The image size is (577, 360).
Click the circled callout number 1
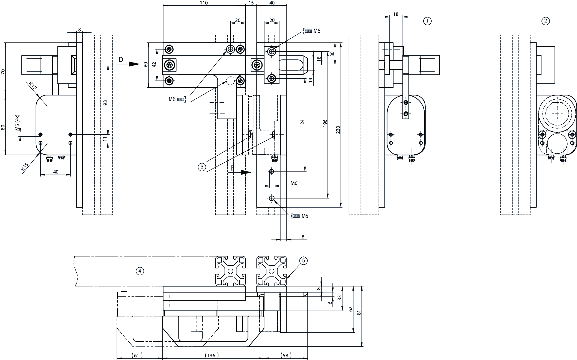pyautogui.click(x=427, y=21)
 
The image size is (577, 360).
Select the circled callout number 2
pyautogui.click(x=545, y=21)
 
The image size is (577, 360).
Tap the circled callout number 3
pyautogui.click(x=202, y=167)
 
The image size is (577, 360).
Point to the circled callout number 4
pyautogui.click(x=140, y=271)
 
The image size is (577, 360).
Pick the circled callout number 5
pyautogui.click(x=303, y=260)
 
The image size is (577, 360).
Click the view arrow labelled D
pyautogui.click(x=129, y=64)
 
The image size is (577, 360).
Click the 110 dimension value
pyautogui.click(x=204, y=3)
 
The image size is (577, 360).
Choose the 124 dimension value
pyautogui.click(x=302, y=123)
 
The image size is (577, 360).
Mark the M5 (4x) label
pyautogui.click(x=17, y=123)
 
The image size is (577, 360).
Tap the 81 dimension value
pyautogui.click(x=359, y=312)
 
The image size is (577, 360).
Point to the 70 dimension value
pyautogui.click(x=3, y=72)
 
